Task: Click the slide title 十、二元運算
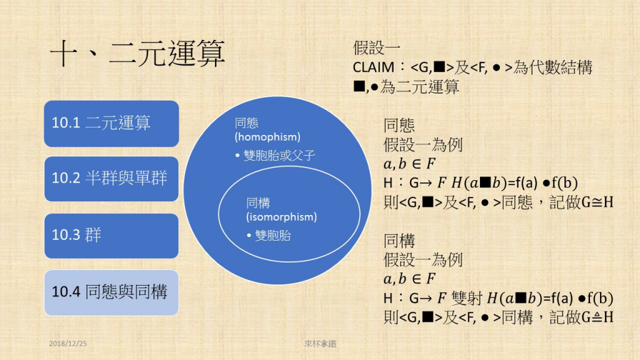point(137,54)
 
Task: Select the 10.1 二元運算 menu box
point(111,123)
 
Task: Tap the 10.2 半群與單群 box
point(111,179)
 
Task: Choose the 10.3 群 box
point(111,236)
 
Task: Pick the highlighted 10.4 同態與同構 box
point(111,292)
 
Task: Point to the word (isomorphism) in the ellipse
point(281,217)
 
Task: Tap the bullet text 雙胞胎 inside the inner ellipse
point(273,236)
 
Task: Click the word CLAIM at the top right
point(373,67)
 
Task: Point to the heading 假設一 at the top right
point(377,49)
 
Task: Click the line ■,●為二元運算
point(406,87)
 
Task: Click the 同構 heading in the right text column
point(399,241)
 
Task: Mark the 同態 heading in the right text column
point(399,126)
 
